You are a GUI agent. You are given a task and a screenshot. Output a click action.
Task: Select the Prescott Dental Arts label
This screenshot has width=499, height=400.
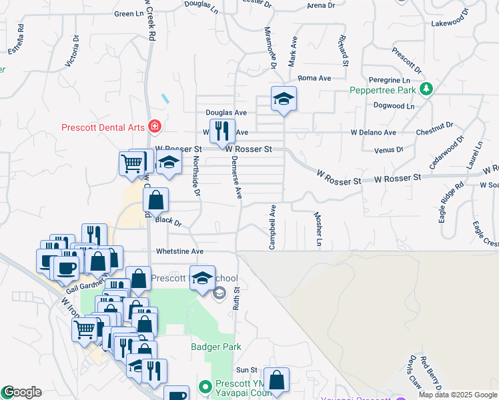coord(104,127)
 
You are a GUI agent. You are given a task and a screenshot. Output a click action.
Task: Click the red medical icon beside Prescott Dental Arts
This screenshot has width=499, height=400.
coord(154,125)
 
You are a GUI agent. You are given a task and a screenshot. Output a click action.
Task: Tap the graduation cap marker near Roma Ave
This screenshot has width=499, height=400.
coord(284,99)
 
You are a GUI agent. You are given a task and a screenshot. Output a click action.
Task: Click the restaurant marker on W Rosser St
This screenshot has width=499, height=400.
coord(222,131)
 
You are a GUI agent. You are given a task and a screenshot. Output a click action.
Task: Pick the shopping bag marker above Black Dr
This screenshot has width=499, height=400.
coord(155,199)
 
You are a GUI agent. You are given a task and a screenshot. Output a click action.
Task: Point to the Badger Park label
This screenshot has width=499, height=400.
coord(215,347)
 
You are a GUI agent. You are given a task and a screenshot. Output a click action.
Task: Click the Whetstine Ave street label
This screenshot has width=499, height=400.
coord(179,252)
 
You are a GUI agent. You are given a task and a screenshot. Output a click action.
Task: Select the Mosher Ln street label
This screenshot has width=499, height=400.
coord(318,231)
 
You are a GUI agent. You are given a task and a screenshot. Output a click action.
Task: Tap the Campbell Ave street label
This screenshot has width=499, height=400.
coord(272,227)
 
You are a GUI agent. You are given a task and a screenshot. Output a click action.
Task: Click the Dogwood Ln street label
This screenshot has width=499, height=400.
coord(394,106)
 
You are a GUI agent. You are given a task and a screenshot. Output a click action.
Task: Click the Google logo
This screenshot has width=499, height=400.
coord(21,392)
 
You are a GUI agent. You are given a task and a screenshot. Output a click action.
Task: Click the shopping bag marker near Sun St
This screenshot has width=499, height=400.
coord(276,381)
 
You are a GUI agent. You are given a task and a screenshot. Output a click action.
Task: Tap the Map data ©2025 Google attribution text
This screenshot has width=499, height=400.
coord(458,395)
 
